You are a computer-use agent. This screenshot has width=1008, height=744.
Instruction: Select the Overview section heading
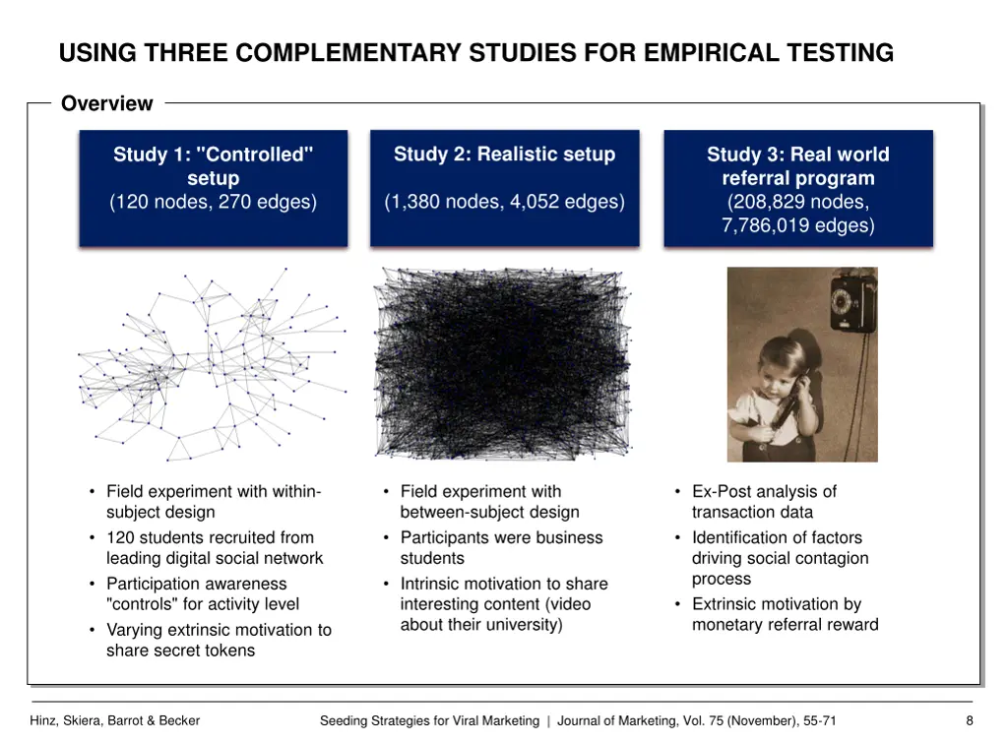tap(106, 103)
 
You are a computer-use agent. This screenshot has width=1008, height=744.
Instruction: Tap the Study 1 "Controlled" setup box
tap(213, 187)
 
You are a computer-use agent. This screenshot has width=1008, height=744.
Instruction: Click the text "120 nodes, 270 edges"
tap(214, 203)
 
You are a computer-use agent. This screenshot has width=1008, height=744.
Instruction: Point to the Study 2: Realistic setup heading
tap(504, 155)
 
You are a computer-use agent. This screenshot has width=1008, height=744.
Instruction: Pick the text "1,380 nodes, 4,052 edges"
tap(504, 202)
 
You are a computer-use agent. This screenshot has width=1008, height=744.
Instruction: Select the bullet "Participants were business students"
tap(501, 548)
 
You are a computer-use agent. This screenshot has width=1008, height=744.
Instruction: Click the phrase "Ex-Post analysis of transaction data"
tap(764, 502)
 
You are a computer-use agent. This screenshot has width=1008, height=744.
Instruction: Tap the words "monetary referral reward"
tap(785, 625)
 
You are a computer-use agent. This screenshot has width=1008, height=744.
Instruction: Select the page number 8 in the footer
tap(970, 720)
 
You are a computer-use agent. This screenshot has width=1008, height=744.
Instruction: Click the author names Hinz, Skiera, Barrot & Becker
tap(115, 720)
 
